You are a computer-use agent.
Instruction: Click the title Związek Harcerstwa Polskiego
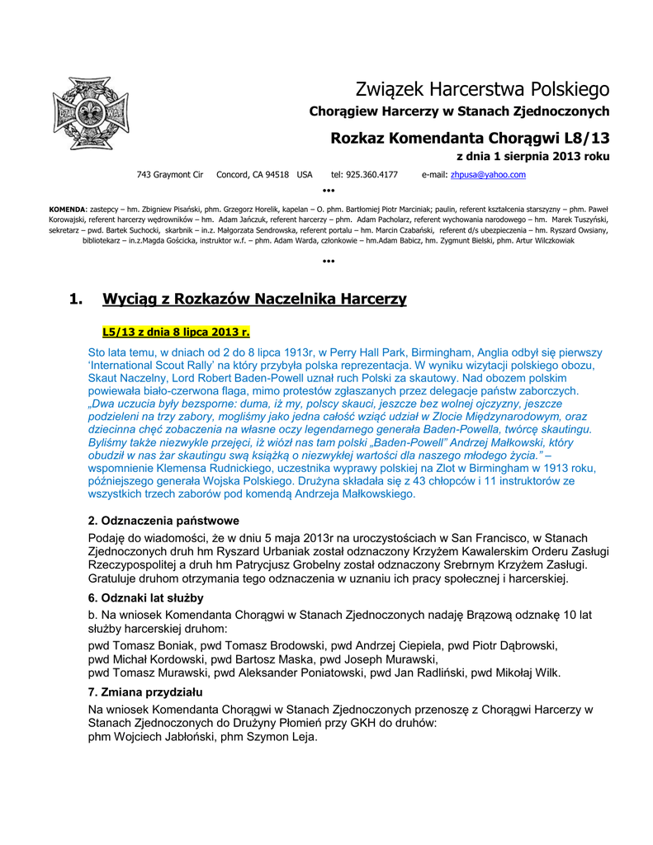tap(482, 88)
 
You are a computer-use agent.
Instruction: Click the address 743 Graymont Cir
tap(170, 175)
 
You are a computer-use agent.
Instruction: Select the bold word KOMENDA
tap(67, 209)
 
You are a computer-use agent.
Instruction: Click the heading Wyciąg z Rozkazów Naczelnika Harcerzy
tap(254, 299)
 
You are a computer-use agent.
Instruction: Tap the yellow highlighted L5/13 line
tap(176, 333)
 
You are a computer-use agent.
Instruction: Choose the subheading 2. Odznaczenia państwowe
tap(163, 521)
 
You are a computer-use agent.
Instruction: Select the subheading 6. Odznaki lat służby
tap(145, 597)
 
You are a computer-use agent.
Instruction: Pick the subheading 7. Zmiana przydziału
tap(145, 692)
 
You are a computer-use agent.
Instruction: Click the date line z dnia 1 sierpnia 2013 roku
tap(532, 156)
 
